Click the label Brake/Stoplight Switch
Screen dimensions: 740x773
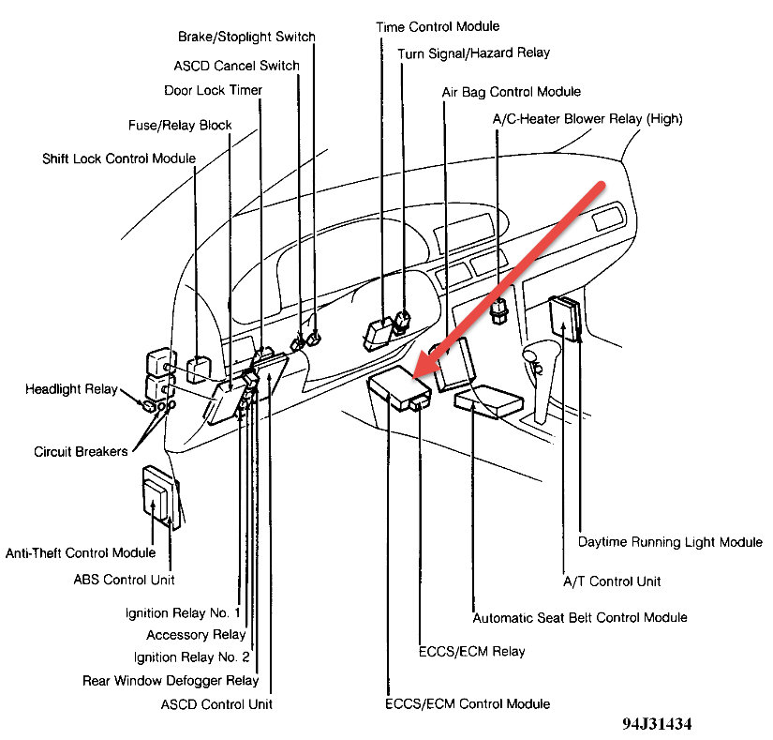(x=246, y=37)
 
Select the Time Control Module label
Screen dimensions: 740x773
(x=438, y=26)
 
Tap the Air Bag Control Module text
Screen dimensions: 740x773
(x=512, y=92)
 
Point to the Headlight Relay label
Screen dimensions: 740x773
(x=71, y=388)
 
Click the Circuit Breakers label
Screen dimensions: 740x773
(x=81, y=451)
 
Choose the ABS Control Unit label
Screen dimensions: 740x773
(x=124, y=580)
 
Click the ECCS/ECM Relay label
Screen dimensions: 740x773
(x=471, y=651)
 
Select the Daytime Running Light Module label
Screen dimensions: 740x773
(x=669, y=542)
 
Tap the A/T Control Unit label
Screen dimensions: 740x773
(x=611, y=581)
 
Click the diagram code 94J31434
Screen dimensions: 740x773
(x=659, y=725)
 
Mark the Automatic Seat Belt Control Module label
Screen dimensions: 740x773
(x=580, y=617)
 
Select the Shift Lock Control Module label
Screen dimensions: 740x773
(x=119, y=158)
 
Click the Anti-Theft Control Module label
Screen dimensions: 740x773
(x=81, y=552)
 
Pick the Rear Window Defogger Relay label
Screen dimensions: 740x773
(x=170, y=680)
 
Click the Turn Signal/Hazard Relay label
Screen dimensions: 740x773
(x=473, y=53)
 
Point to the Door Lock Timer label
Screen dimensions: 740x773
(x=213, y=90)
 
